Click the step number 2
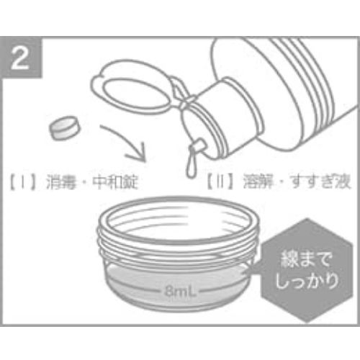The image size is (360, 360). tap(20, 58)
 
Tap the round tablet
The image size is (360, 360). tap(65, 128)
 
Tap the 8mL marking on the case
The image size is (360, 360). tap(180, 292)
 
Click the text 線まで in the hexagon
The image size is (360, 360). tap(306, 259)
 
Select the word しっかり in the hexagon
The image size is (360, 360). tap(307, 281)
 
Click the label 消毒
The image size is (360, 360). tap(60, 183)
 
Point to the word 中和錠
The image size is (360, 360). tap(115, 183)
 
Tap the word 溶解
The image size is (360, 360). tap(258, 181)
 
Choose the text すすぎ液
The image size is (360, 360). tap(320, 181)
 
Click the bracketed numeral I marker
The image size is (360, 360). tap(22, 183)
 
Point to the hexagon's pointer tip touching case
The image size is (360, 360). tap(244, 273)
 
